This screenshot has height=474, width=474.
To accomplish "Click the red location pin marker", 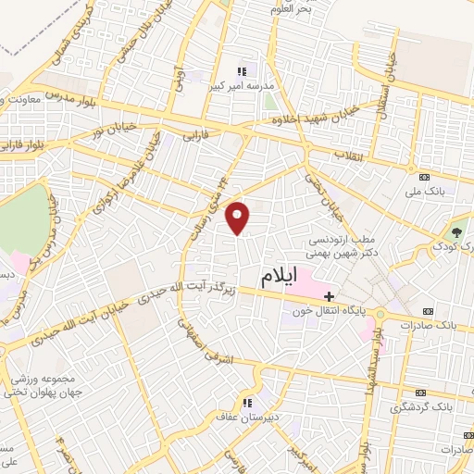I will (x=239, y=217).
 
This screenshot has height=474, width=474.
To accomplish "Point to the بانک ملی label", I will (x=427, y=192).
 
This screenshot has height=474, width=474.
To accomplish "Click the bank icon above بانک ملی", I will (x=425, y=177).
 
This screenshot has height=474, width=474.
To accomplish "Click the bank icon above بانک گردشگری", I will (x=427, y=392).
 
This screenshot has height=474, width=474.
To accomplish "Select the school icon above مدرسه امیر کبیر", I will (x=243, y=70).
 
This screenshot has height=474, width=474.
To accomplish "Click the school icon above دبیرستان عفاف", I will (x=247, y=402).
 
